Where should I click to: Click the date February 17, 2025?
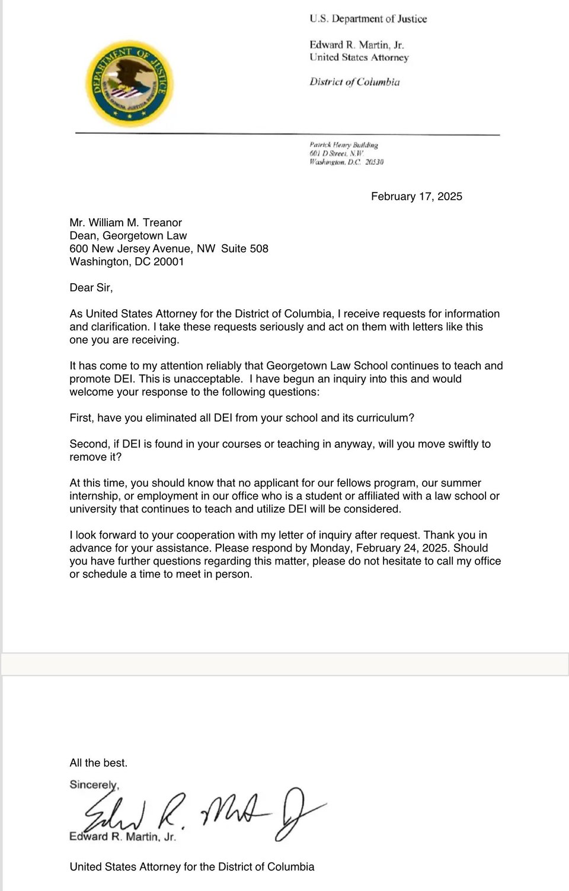coord(416,196)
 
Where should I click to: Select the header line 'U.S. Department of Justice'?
coord(367,19)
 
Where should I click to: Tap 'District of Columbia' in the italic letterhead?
coord(354,82)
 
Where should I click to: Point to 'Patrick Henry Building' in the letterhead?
coord(343,145)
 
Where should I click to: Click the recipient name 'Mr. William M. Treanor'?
coord(126,222)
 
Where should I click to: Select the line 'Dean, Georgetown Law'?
coord(128,235)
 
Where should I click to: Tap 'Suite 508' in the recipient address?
coord(245,248)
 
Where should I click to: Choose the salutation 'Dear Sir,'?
coord(91,287)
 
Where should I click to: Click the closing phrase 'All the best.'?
coord(98,762)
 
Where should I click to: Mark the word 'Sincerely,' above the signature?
coord(94,784)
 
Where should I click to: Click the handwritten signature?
coord(202,812)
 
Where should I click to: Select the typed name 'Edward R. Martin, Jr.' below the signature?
coord(123,836)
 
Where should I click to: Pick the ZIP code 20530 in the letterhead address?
coord(374,162)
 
